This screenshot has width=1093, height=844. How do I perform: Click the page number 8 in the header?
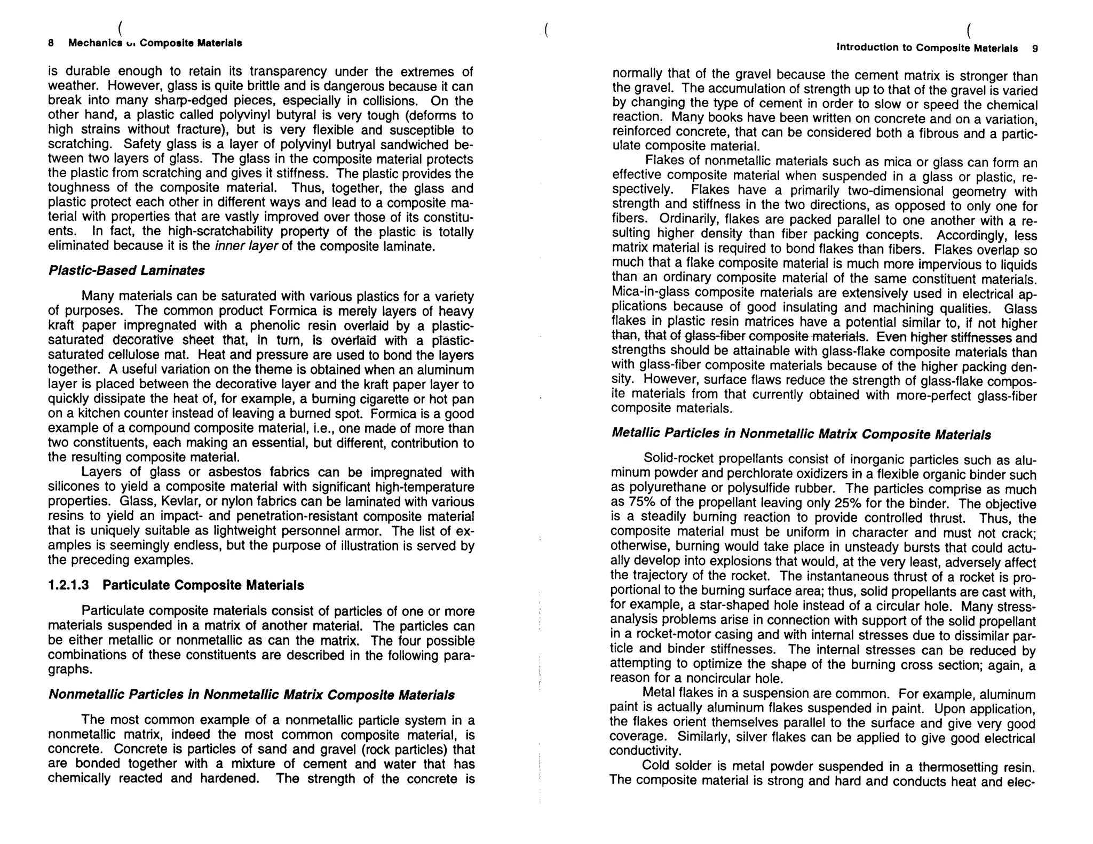51,43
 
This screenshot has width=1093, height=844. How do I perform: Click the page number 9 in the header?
1035,49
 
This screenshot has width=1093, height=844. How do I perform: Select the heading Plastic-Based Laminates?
126,270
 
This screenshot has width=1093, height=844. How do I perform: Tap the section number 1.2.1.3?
68,585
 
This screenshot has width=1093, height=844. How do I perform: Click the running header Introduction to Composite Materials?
927,47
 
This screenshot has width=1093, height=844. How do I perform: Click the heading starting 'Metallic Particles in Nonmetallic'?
801,434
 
